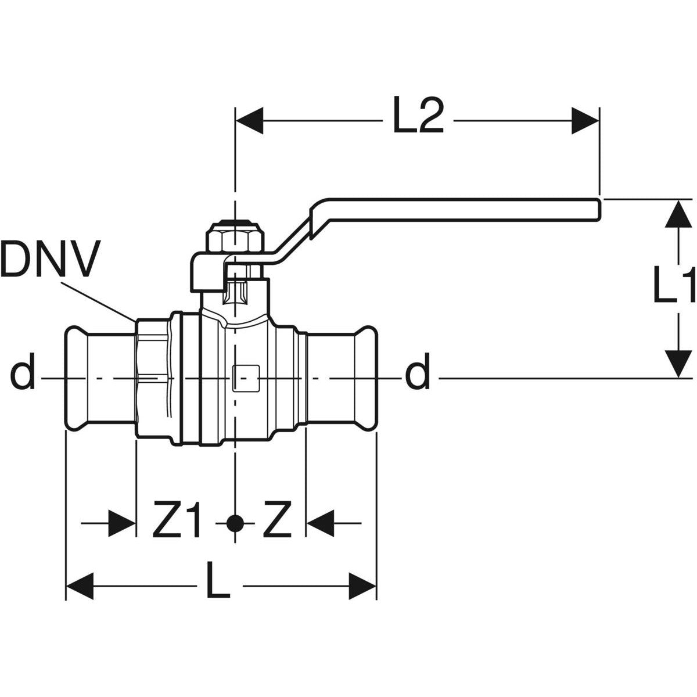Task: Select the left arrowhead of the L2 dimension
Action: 249,121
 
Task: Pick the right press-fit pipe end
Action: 343,378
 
